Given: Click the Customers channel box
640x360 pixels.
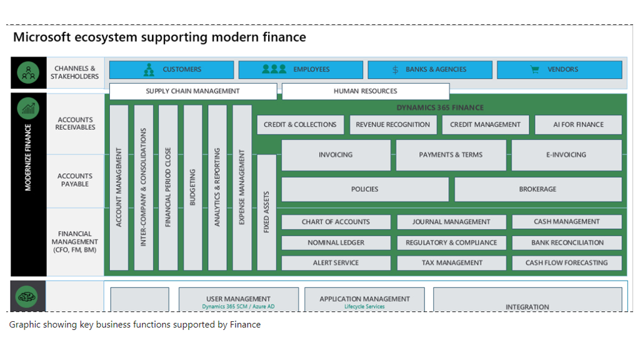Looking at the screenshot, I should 172,69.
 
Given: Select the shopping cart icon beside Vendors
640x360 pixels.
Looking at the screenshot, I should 534,69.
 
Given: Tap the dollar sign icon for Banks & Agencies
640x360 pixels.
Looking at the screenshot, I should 395,69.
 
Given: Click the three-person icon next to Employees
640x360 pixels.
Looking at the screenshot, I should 274,69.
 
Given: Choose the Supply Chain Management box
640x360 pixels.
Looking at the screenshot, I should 192,91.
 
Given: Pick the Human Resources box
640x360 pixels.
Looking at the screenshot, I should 365,91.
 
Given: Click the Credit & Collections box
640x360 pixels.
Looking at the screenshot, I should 300,124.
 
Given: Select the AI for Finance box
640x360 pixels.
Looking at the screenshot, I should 578,124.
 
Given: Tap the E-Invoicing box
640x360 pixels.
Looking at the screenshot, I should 566,155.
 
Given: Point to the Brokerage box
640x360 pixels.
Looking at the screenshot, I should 537,189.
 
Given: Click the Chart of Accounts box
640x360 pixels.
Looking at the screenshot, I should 336,222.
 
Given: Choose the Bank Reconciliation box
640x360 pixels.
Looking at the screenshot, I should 567,242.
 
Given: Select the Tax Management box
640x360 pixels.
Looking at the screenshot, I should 451,263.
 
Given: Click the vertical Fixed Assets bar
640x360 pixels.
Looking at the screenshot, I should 266,212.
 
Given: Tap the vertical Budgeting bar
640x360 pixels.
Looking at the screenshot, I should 192,187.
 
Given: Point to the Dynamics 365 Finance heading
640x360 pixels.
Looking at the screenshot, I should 440,107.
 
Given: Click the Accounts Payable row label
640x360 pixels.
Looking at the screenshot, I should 75,180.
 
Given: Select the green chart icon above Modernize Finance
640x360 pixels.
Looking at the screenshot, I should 29,109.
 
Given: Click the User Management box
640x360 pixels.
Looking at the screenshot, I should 238,299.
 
